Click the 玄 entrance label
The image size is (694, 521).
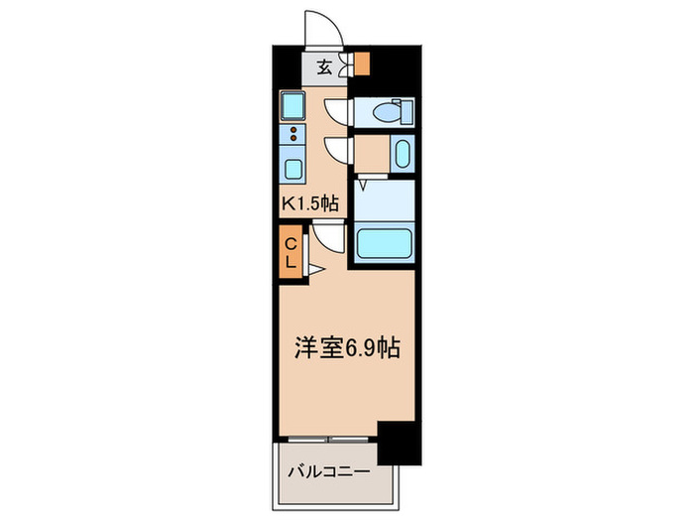pos(325,67)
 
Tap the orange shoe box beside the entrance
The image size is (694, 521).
pos(363,65)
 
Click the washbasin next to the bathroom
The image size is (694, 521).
pos(401,154)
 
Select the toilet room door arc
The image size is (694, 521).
pos(340,109)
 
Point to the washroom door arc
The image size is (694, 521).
pos(340,151)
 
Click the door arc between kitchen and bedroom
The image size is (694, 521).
pos(328,238)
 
